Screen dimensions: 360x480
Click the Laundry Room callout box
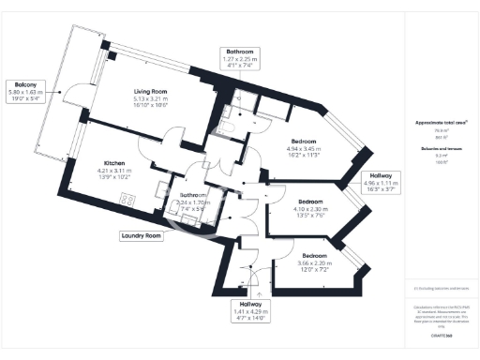[141, 236]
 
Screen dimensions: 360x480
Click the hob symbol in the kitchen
[130, 199]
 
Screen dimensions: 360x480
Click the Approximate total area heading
[441, 124]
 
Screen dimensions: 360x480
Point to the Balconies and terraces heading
[441, 150]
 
